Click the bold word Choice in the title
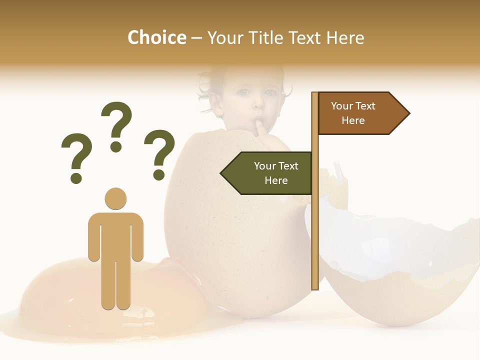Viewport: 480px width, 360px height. [x=156, y=37]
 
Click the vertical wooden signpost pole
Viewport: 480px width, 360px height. [x=315, y=225]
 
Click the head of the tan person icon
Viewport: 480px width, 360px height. [x=115, y=198]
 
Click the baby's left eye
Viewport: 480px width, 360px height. [x=243, y=92]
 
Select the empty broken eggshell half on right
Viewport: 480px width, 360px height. [x=395, y=270]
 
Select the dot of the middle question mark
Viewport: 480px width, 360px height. [x=116, y=146]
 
